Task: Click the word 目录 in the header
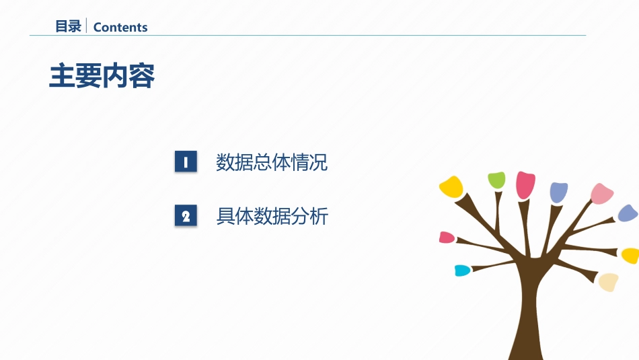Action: pyautogui.click(x=68, y=27)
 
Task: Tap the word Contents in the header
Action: pyautogui.click(x=120, y=28)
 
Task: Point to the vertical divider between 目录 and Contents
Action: pyautogui.click(x=87, y=26)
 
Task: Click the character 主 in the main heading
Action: pyautogui.click(x=63, y=77)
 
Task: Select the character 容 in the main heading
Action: pyautogui.click(x=142, y=77)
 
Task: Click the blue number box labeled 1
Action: pyautogui.click(x=186, y=162)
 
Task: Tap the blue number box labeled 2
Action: pyautogui.click(x=186, y=216)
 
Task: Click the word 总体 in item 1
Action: pyautogui.click(x=272, y=162)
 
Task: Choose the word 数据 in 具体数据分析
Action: pyautogui.click(x=272, y=216)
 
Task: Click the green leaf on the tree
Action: pyautogui.click(x=496, y=180)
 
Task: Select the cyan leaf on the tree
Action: pyautogui.click(x=462, y=271)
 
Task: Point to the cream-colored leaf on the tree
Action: pyautogui.click(x=609, y=281)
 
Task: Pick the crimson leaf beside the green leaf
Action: pyautogui.click(x=525, y=184)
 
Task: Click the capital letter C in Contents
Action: pyautogui.click(x=98, y=28)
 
